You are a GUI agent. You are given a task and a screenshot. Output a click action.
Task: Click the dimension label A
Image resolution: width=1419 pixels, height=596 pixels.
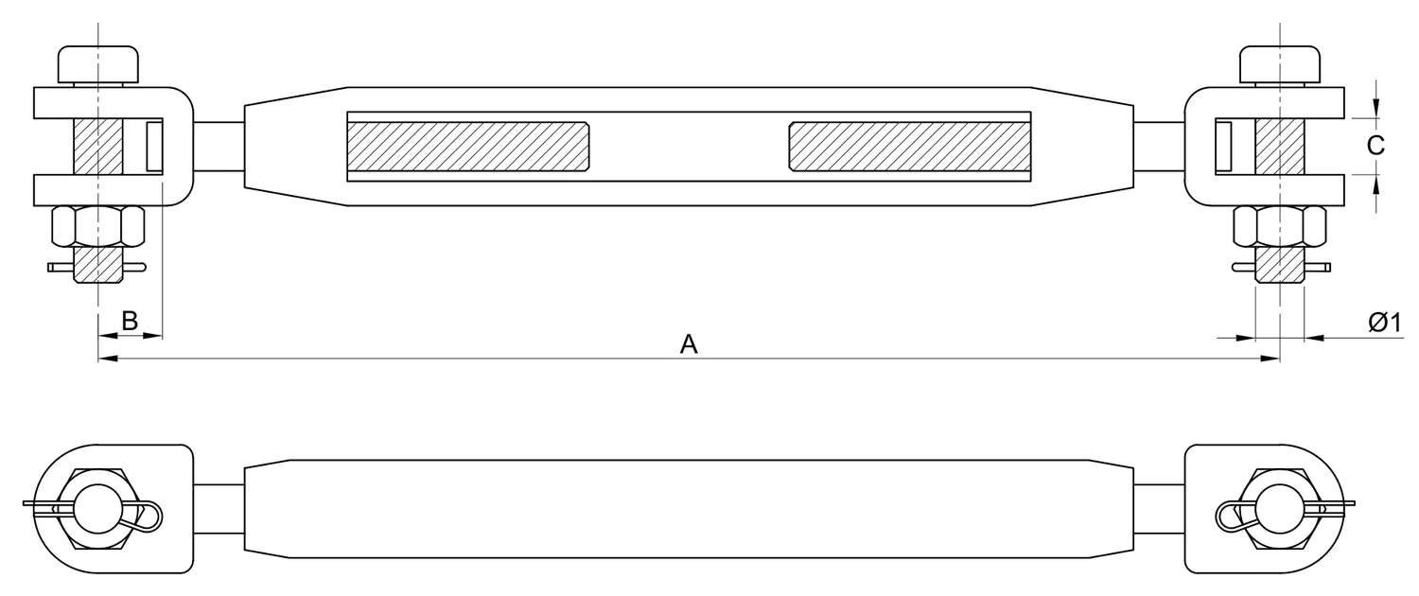(x=689, y=344)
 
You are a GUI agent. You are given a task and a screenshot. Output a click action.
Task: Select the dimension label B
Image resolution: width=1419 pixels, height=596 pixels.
(x=130, y=321)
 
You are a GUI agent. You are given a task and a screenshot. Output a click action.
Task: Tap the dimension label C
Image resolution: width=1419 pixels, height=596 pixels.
(x=1375, y=146)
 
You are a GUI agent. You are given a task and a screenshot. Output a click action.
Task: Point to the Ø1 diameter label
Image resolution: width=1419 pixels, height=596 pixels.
(x=1386, y=323)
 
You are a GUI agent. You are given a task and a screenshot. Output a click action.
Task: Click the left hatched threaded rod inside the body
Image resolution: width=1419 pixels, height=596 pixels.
(x=468, y=147)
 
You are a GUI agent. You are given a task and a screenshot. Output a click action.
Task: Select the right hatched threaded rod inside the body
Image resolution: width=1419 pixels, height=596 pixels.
(x=910, y=147)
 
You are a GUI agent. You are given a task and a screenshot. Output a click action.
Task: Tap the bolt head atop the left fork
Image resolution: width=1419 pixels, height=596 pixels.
(x=98, y=64)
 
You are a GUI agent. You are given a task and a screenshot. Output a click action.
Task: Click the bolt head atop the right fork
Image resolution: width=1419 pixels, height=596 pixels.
(x=1280, y=64)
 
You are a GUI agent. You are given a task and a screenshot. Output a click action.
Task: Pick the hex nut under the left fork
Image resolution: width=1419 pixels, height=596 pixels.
(x=98, y=226)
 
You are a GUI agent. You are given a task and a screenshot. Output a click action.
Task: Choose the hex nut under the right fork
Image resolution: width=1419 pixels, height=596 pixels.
(x=1280, y=226)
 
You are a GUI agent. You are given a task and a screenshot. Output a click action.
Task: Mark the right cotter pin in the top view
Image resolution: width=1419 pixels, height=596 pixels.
(x=1281, y=268)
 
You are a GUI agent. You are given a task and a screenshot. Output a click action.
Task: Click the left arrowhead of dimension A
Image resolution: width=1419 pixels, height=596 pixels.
(x=109, y=359)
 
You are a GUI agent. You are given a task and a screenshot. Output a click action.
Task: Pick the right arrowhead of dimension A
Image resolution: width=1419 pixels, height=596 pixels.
(x=1270, y=359)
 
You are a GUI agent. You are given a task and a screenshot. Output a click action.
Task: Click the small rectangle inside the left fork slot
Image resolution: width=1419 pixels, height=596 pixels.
(x=154, y=147)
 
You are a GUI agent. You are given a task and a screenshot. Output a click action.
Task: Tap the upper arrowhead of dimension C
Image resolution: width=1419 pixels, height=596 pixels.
(x=1375, y=108)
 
